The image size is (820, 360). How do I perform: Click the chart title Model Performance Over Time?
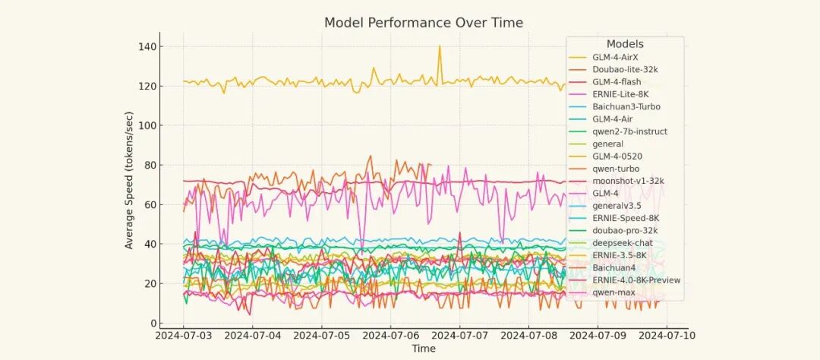[x=424, y=23]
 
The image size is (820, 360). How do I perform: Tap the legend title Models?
[x=625, y=44]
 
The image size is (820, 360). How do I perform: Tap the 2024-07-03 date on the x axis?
[x=183, y=336]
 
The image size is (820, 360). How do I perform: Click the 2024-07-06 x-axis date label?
[x=390, y=336]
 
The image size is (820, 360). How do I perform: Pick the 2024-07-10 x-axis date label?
[x=667, y=336]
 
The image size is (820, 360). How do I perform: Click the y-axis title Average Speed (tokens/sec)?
[x=128, y=180]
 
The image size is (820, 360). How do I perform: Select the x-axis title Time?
[x=424, y=349]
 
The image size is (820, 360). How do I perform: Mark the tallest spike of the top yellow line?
[x=440, y=46]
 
